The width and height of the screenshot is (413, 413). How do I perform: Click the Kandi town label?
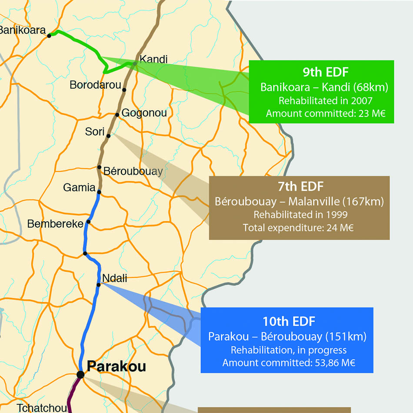pyautogui.click(x=153, y=60)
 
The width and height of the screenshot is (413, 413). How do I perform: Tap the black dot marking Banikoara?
pyautogui.click(x=49, y=36)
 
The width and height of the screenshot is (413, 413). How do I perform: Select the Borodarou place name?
pyautogui.click(x=95, y=85)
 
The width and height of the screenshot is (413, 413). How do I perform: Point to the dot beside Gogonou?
pyautogui.click(x=117, y=115)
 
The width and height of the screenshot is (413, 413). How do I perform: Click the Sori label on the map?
pyautogui.click(x=95, y=131)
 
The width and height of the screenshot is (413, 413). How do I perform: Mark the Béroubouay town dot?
pyautogui.click(x=99, y=167)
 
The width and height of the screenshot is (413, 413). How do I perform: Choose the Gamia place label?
pyautogui.click(x=79, y=188)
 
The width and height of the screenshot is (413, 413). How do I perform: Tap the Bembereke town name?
pyautogui.click(x=55, y=224)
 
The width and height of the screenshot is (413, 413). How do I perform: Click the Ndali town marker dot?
pyautogui.click(x=99, y=285)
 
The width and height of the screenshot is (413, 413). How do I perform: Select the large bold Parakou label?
pyautogui.click(x=117, y=366)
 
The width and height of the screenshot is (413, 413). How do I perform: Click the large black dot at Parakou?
pyautogui.click(x=80, y=374)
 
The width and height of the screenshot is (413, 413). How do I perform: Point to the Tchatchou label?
pyautogui.click(x=42, y=408)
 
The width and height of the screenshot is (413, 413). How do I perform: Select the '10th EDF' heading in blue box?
pyautogui.click(x=289, y=321)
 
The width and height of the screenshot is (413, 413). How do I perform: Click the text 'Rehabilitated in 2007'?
pyautogui.click(x=325, y=101)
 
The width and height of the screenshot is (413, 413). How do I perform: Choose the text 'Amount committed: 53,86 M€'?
pyautogui.click(x=289, y=363)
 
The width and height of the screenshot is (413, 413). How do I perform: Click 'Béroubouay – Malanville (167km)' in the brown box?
pyautogui.click(x=300, y=202)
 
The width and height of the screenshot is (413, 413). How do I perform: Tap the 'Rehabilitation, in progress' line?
pyautogui.click(x=289, y=350)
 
